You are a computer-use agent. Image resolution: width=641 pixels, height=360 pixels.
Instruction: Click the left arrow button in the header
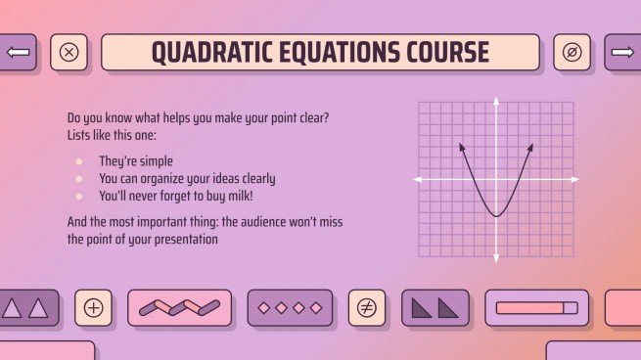coord(19,52)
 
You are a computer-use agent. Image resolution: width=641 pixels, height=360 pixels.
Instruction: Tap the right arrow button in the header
coord(621,52)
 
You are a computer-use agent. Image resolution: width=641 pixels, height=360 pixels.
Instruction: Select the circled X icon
coord(69,53)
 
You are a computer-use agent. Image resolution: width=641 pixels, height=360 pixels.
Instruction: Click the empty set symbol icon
coord(572,53)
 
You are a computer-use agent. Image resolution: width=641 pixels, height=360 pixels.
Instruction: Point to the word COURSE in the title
coord(437,53)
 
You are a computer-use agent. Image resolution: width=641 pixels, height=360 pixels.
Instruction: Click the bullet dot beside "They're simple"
coord(79,160)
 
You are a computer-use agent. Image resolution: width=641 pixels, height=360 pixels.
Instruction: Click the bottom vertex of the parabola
coord(496,215)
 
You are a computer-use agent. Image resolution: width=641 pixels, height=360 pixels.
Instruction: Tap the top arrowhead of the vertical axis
coord(496,104)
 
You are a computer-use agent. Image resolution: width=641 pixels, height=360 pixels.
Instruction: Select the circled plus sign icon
coord(94,307)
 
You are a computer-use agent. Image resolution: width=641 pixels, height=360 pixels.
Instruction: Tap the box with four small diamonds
coord(290,307)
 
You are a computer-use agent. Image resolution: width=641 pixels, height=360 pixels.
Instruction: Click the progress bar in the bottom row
coord(536,307)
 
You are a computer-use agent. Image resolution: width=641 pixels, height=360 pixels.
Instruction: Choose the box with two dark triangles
coord(435,307)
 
